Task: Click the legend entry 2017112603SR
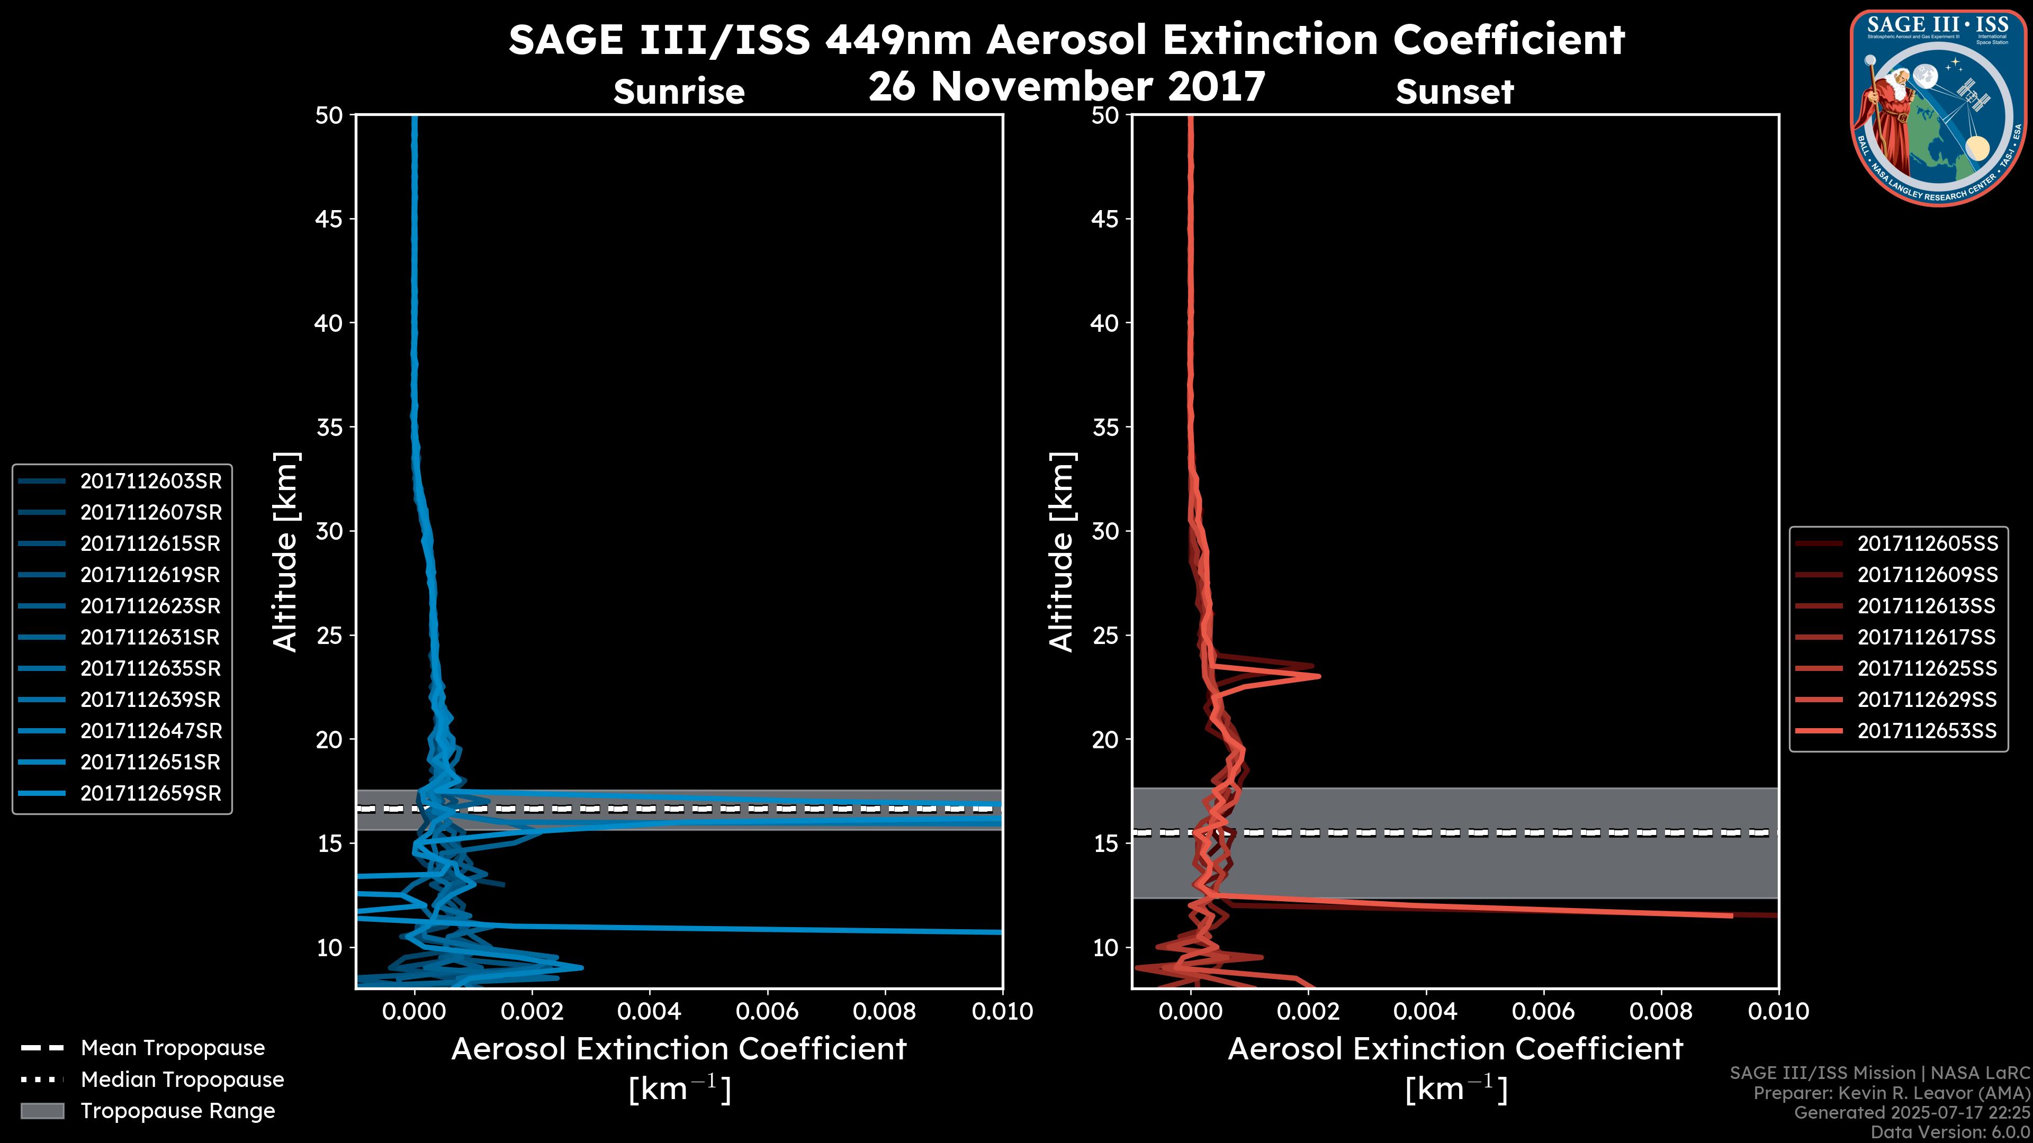tap(150, 481)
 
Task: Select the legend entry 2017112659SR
tap(150, 794)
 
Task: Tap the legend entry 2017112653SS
tap(1927, 731)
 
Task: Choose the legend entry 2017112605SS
tap(1927, 543)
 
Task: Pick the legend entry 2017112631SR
tap(150, 637)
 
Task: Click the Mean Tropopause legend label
tap(173, 1048)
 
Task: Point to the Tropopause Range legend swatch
tap(42, 1111)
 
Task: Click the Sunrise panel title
tap(679, 92)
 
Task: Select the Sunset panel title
tap(1454, 92)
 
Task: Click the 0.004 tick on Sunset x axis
tap(1426, 1011)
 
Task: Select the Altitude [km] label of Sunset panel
tap(1062, 552)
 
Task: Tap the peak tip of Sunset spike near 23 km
tap(1318, 676)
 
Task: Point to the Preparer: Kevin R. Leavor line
tap(1891, 1093)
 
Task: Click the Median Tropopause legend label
tap(182, 1080)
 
